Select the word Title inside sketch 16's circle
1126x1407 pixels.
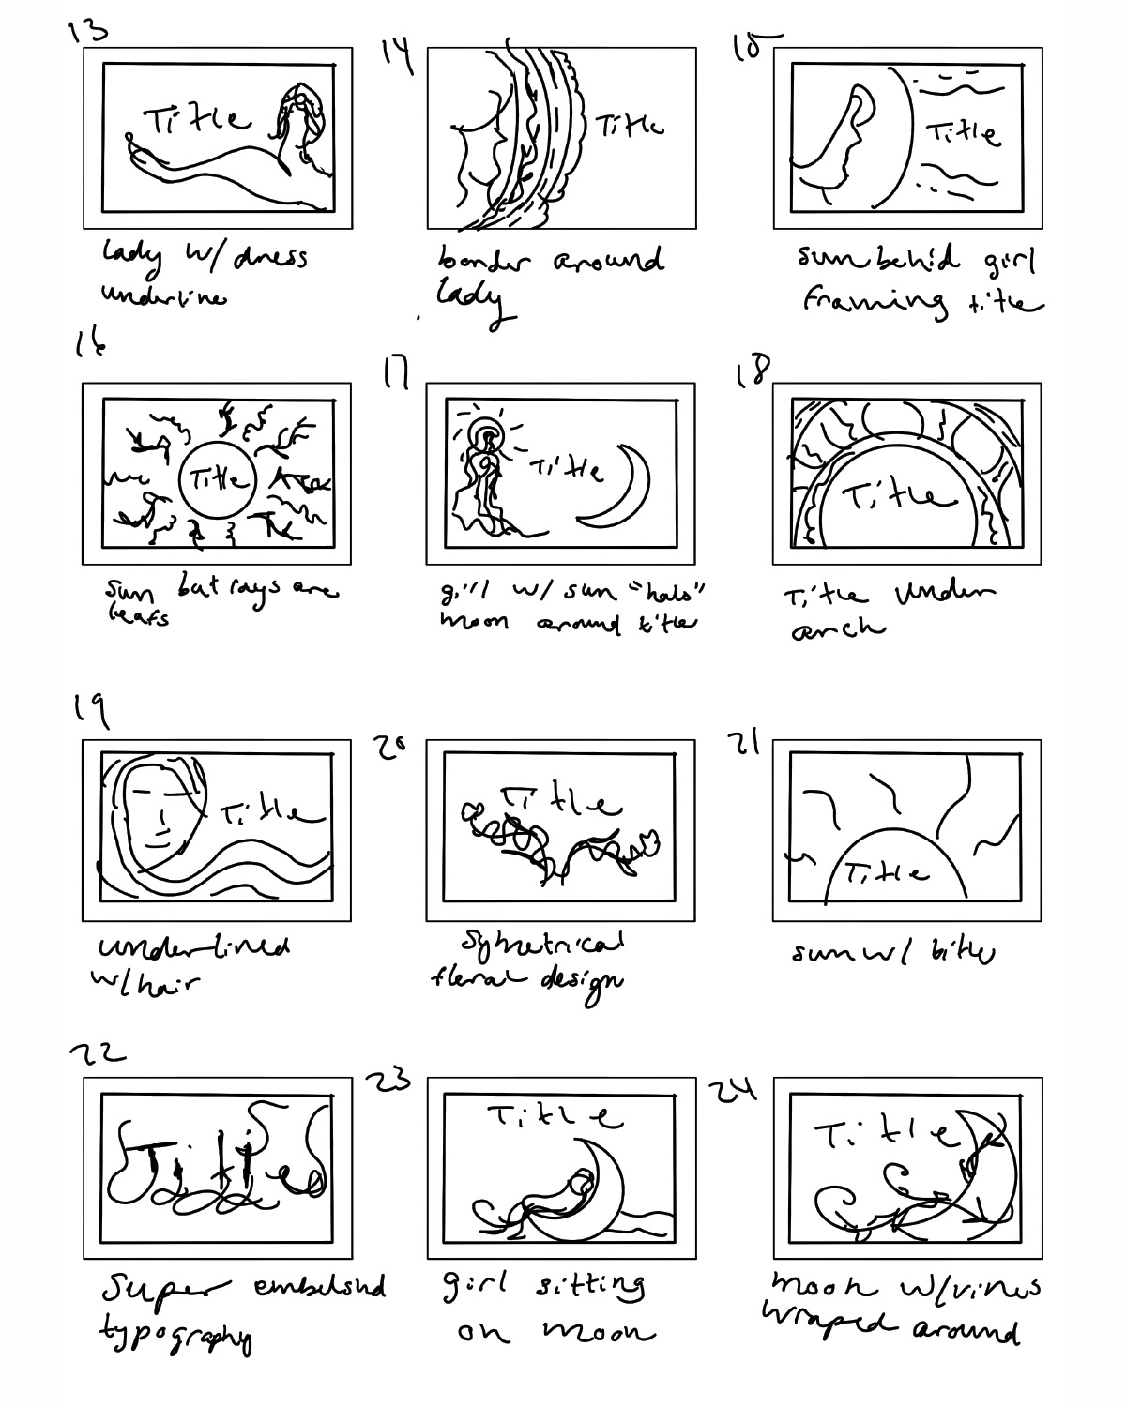217,480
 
